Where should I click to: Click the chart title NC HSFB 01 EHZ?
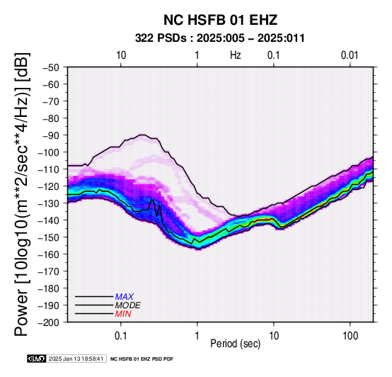(x=220, y=20)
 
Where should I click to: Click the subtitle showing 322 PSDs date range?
(x=220, y=38)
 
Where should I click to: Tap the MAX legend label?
(x=125, y=297)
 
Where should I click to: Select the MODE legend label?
(x=128, y=305)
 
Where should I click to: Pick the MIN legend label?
(x=123, y=314)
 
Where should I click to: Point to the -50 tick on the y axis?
(x=51, y=67)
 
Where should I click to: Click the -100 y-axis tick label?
(x=49, y=152)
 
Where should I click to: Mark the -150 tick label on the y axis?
(x=49, y=237)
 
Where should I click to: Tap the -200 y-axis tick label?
(x=49, y=322)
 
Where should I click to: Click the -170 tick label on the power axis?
(x=49, y=271)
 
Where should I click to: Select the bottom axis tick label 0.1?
(x=120, y=336)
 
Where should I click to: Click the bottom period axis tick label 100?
(x=350, y=336)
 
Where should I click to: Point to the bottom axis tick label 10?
(x=274, y=336)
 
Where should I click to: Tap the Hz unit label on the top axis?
(x=236, y=55)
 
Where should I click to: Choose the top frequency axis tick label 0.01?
(x=350, y=55)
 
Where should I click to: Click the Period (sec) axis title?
(x=235, y=344)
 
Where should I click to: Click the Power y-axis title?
(x=22, y=194)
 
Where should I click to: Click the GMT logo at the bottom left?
(x=37, y=359)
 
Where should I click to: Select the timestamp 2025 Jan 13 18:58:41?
(x=76, y=359)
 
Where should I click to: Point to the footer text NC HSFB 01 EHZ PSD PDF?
(x=142, y=359)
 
